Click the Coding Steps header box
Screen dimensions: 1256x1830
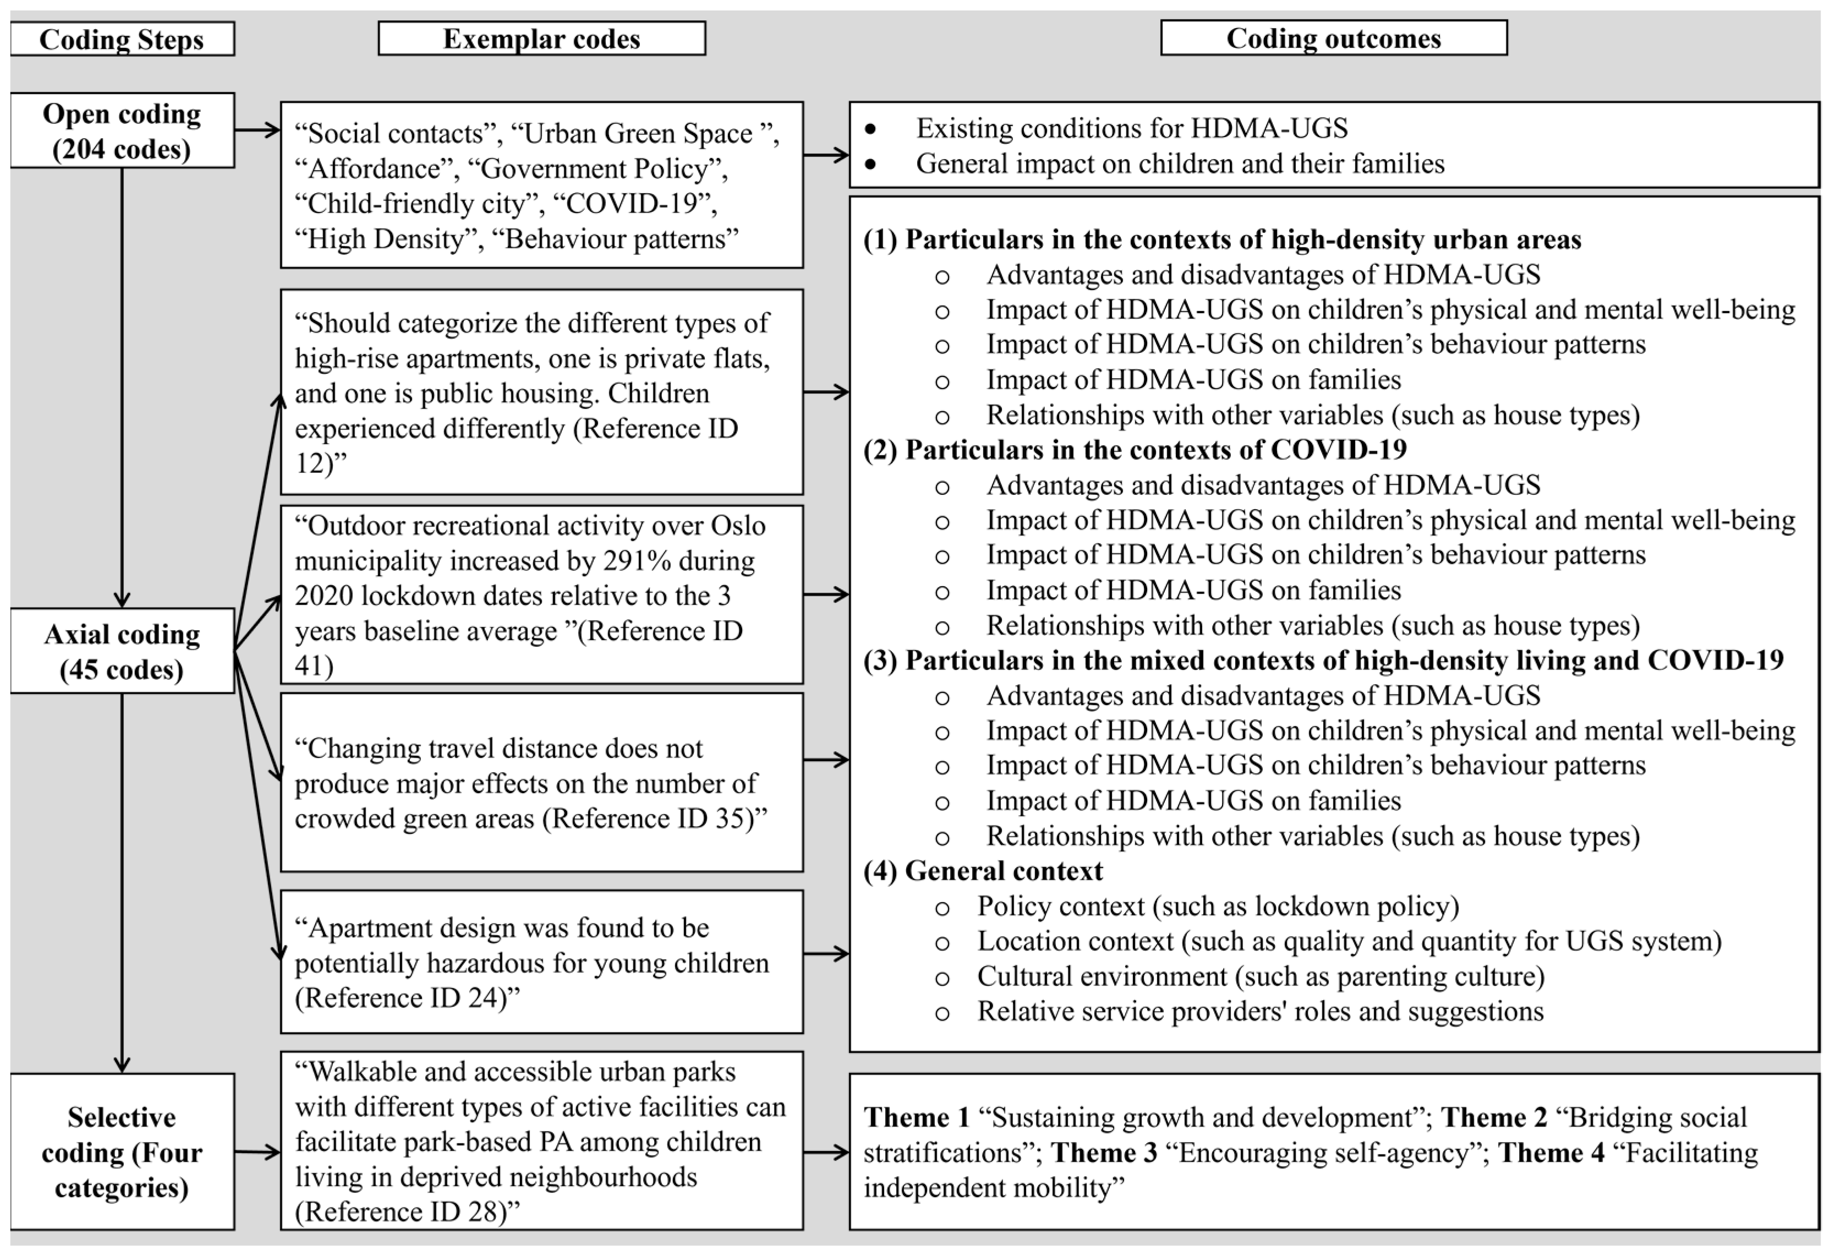pyautogui.click(x=122, y=39)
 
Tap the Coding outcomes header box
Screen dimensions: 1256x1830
pyautogui.click(x=1333, y=38)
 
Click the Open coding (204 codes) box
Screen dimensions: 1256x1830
pyautogui.click(x=122, y=130)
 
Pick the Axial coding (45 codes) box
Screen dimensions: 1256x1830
pyautogui.click(x=122, y=651)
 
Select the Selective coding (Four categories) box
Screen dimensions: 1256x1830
pyautogui.click(x=122, y=1151)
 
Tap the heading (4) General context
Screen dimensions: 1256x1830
pyautogui.click(x=983, y=871)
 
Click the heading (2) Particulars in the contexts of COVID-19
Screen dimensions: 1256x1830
pyautogui.click(x=1134, y=450)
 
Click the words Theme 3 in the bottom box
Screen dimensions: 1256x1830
pyautogui.click(x=1104, y=1153)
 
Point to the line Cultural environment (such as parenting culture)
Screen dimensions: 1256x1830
pyautogui.click(x=1260, y=976)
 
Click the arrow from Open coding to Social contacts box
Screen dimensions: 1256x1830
pyautogui.click(x=257, y=130)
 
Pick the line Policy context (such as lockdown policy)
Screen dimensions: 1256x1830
pyautogui.click(x=1218, y=906)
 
